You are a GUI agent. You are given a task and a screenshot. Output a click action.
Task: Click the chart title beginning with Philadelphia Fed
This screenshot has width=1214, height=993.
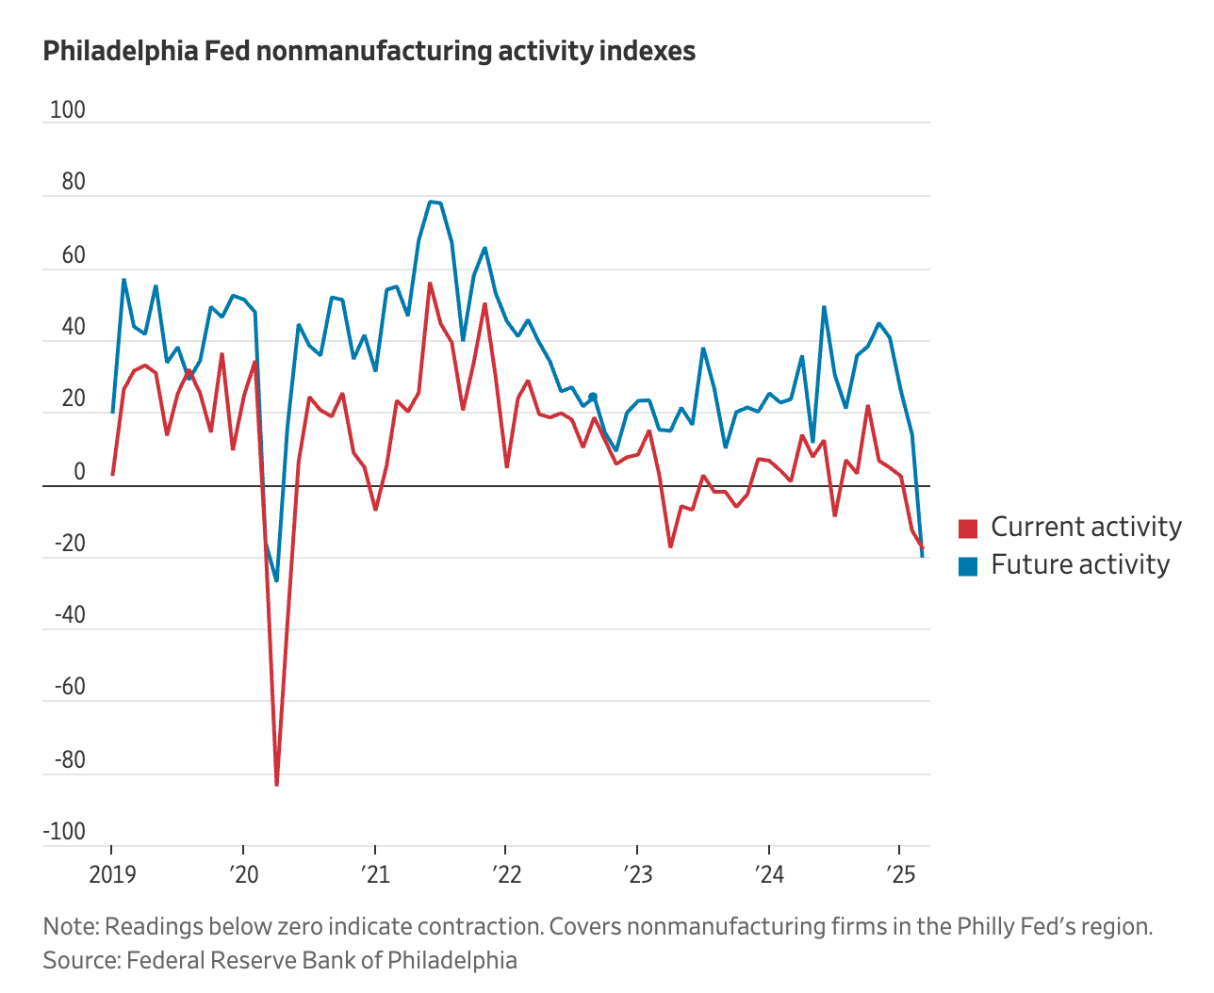(369, 51)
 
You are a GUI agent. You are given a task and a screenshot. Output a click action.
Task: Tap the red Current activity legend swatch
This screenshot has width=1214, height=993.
(967, 529)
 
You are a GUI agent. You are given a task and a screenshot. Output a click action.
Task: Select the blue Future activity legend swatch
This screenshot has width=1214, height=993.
(967, 566)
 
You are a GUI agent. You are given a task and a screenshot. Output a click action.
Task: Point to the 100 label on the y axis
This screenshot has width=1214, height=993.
(67, 110)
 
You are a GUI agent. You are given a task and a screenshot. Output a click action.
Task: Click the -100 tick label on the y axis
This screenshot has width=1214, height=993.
(63, 832)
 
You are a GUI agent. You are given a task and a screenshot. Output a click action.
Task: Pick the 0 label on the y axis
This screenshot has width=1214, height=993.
(79, 472)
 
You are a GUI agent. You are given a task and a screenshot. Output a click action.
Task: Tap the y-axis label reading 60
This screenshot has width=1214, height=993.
(73, 255)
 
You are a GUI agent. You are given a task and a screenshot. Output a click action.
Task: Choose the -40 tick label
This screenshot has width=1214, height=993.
(69, 616)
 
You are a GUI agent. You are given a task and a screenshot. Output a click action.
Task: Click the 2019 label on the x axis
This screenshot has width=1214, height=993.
(112, 875)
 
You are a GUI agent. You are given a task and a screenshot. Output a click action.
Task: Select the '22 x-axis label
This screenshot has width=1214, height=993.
(506, 875)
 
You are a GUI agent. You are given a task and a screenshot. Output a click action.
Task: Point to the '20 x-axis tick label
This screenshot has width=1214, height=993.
(243, 875)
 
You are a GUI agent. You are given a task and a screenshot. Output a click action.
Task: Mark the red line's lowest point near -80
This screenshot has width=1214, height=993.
(276, 784)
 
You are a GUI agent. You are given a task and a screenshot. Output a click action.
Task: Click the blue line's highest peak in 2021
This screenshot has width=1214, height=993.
(430, 202)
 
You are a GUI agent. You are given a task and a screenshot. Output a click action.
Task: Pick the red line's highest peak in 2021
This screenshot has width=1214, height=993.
(430, 283)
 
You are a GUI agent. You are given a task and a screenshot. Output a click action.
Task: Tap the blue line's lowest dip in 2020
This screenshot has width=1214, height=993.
(276, 580)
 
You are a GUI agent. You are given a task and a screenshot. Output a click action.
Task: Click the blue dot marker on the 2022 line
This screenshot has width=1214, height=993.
(592, 397)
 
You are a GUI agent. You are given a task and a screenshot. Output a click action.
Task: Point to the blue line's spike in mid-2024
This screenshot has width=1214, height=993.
(824, 307)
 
